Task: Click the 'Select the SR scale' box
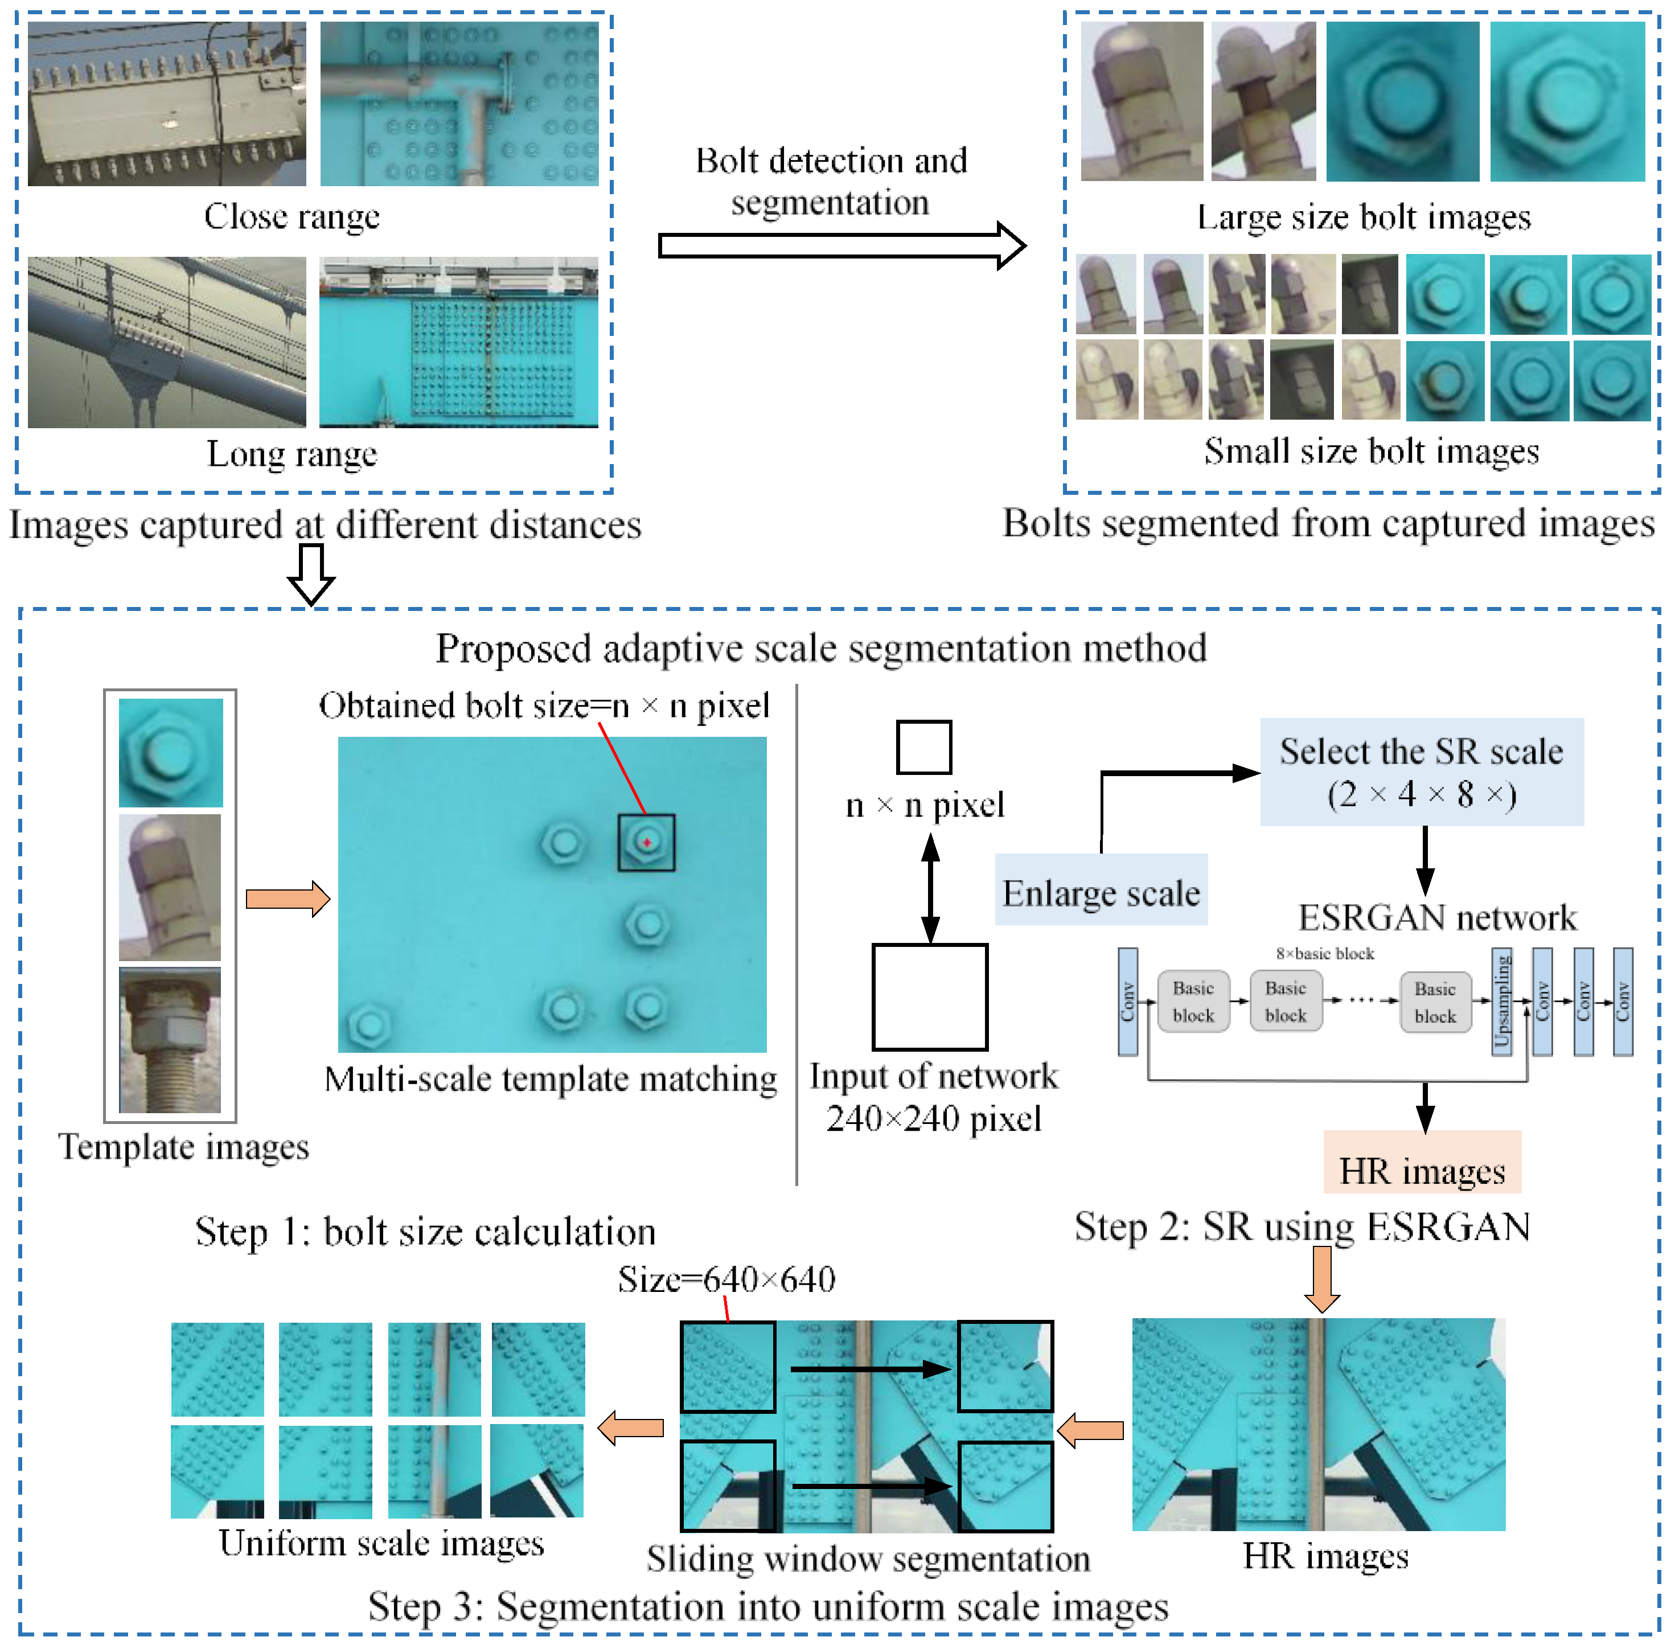1421,772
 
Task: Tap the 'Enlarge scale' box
1101,891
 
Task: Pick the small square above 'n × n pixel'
923,746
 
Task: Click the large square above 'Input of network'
930,995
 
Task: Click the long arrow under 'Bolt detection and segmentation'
840,245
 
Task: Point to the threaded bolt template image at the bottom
170,1040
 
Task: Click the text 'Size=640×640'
726,1279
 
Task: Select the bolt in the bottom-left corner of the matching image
369,1025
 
